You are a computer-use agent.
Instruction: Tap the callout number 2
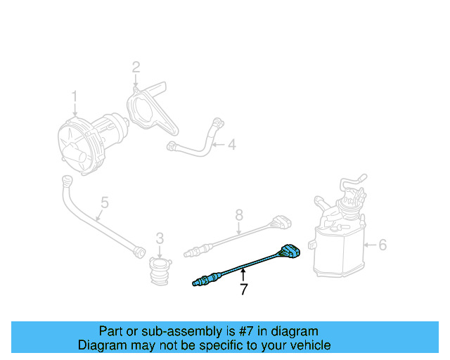pyautogui.click(x=136, y=67)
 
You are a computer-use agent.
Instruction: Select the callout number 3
pyautogui.click(x=160, y=238)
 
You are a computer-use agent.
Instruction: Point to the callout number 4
pyautogui.click(x=231, y=146)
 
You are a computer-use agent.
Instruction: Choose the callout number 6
pyautogui.click(x=382, y=245)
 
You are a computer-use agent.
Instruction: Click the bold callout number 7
pyautogui.click(x=243, y=288)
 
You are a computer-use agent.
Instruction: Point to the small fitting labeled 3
pyautogui.click(x=159, y=270)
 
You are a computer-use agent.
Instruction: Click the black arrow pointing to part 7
pyautogui.click(x=243, y=274)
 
